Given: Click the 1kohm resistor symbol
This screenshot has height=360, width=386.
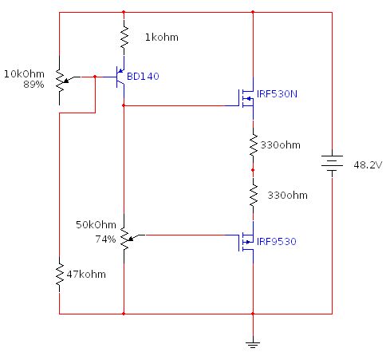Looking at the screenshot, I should coord(124,36).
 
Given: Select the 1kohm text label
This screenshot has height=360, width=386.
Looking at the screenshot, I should coord(162,37).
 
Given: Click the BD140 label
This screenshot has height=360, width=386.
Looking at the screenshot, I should coord(144,77).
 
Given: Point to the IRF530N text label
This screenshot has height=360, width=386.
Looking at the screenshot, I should coord(275,94).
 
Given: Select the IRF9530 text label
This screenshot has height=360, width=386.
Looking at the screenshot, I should coord(276,241).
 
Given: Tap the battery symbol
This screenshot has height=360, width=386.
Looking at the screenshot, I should coord(331,162).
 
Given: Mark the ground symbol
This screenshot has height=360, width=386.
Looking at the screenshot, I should coord(252,343).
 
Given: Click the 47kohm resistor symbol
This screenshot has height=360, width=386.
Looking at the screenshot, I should coord(60,273).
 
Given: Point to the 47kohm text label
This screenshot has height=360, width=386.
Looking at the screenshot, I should coord(85,274).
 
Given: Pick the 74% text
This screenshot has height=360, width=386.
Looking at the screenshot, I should coord(105,239).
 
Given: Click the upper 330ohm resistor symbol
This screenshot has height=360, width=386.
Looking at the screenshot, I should coord(253,144).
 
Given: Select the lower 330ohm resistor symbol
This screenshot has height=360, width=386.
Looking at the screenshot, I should coord(253,194).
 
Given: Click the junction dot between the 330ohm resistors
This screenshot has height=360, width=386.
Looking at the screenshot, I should coord(253,170).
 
